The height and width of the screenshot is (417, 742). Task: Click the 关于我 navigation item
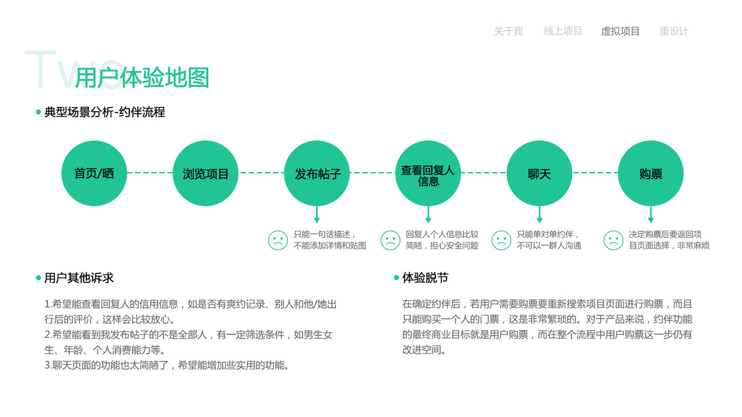pos(508,31)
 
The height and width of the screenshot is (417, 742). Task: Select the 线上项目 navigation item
pos(563,31)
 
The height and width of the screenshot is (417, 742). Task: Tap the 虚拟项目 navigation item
pos(620,31)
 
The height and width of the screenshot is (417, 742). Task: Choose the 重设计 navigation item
pos(674,31)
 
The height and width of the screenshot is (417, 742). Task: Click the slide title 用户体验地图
pos(142,78)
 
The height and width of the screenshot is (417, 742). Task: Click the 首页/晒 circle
pos(95,173)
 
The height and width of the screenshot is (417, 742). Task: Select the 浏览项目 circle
pos(206,173)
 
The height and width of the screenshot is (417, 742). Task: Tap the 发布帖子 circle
pos(317,173)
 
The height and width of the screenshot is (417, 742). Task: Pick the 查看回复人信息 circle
pos(428,173)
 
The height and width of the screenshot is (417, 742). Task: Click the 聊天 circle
pos(540,173)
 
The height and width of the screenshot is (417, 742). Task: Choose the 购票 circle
pos(651,173)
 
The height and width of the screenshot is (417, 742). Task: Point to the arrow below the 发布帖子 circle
pos(317,215)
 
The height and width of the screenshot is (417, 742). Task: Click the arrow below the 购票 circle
pos(651,215)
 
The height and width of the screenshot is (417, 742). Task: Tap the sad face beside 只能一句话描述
pos(278,240)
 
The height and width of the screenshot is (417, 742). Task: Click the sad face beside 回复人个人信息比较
pos(391,240)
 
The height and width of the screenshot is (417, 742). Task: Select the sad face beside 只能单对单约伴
pos(501,240)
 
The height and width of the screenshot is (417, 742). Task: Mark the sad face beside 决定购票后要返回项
pos(613,240)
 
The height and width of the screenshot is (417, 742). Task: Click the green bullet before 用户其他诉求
pos(39,278)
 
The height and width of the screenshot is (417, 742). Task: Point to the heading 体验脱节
pos(426,278)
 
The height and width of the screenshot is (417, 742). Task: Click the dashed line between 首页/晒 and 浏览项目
pos(150,172)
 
